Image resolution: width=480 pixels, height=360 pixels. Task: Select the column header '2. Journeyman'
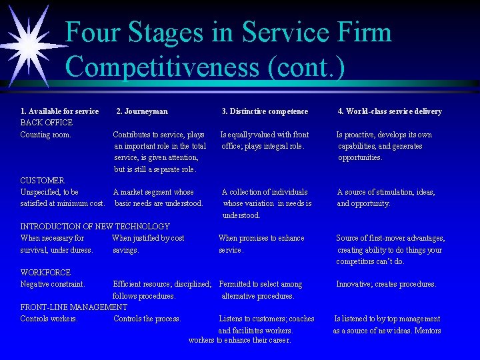pyautogui.click(x=142, y=111)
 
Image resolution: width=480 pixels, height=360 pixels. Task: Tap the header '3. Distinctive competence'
pyautogui.click(x=265, y=111)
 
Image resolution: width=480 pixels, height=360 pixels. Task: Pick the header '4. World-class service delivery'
pyautogui.click(x=389, y=111)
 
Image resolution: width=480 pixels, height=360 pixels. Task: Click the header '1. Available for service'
pyautogui.click(x=59, y=111)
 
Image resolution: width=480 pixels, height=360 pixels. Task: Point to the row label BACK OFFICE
pyautogui.click(x=47, y=123)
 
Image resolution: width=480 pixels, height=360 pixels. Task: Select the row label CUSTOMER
pyautogui.click(x=43, y=181)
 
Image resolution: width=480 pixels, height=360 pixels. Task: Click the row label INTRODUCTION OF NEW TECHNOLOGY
pyautogui.click(x=95, y=227)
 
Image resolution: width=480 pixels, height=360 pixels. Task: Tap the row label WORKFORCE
pyautogui.click(x=45, y=273)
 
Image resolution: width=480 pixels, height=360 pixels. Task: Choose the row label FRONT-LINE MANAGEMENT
pyautogui.click(x=73, y=307)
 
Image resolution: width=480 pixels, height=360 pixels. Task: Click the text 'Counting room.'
pyautogui.click(x=45, y=135)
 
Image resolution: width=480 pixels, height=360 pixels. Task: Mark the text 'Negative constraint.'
pyautogui.click(x=53, y=284)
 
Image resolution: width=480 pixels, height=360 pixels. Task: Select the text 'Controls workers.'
pyautogui.click(x=49, y=319)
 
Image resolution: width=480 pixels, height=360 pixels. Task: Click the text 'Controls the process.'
pyautogui.click(x=147, y=319)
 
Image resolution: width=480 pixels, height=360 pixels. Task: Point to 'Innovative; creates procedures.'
pyautogui.click(x=386, y=284)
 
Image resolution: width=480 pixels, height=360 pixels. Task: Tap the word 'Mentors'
pyautogui.click(x=427, y=331)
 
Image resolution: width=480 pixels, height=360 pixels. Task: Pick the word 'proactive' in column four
pyautogui.click(x=363, y=135)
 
